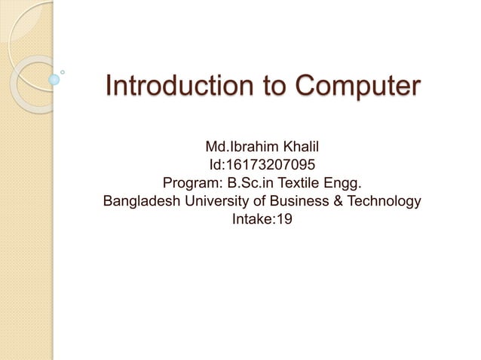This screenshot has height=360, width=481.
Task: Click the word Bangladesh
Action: (x=139, y=202)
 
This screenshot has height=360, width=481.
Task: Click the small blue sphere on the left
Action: (x=54, y=78)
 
